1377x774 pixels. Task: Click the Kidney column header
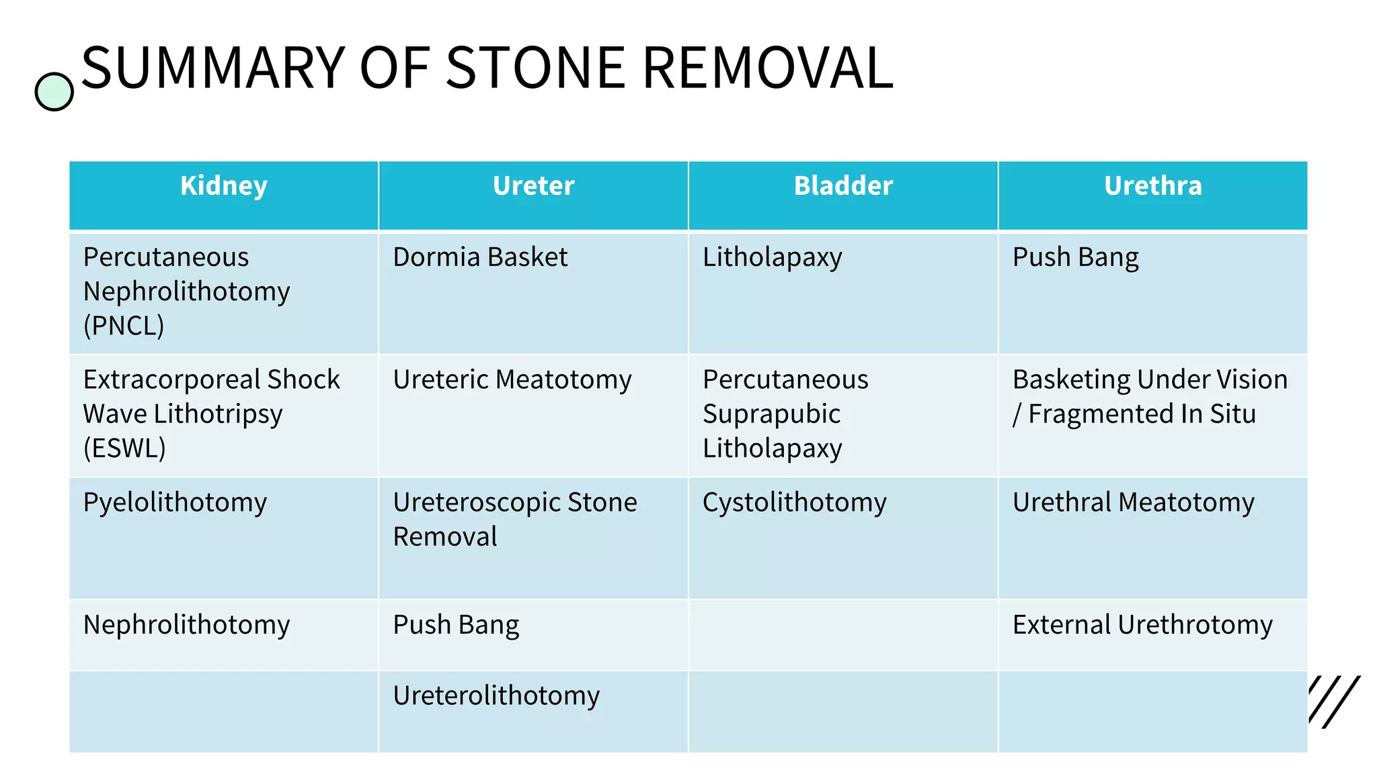click(224, 186)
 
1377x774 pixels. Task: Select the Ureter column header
click(533, 186)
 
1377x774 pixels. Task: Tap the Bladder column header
click(843, 186)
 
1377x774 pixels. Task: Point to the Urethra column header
click(1152, 186)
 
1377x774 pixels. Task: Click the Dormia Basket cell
click(480, 257)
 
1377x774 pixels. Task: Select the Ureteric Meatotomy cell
click(512, 380)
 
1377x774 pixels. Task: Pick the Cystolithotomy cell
click(794, 503)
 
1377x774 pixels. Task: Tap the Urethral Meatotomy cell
click(1133, 503)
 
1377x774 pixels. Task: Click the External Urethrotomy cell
click(1142, 625)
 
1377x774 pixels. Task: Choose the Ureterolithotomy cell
click(496, 695)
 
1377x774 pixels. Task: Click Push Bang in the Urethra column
click(1075, 257)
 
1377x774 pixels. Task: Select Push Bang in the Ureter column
click(456, 625)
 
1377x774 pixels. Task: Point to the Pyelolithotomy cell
click(175, 503)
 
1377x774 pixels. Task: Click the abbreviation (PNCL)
click(124, 326)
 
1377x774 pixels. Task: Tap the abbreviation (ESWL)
click(124, 448)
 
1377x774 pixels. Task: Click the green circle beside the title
click(54, 92)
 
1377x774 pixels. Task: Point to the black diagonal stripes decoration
click(1334, 701)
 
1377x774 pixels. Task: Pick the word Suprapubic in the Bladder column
click(771, 414)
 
